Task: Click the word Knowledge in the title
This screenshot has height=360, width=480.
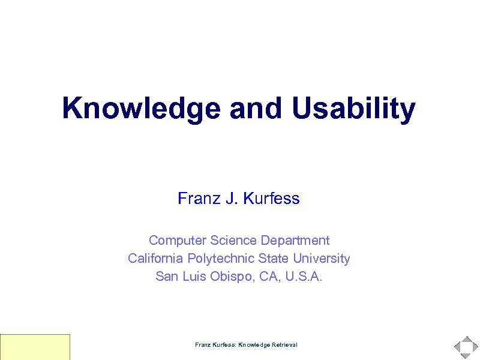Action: [141, 109]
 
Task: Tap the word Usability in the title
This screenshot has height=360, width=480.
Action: [354, 109]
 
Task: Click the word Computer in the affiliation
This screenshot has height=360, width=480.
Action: [178, 241]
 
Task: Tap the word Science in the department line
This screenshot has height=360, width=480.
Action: [233, 241]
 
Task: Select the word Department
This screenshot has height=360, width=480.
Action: [295, 241]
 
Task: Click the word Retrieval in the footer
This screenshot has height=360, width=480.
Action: [284, 345]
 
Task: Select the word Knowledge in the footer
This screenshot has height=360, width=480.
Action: [254, 345]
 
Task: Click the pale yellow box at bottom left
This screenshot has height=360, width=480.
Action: [35, 347]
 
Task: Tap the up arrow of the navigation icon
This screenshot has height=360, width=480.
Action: [466, 339]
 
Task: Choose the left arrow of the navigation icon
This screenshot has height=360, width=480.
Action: [457, 347]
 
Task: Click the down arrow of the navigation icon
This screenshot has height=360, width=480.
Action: [466, 356]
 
